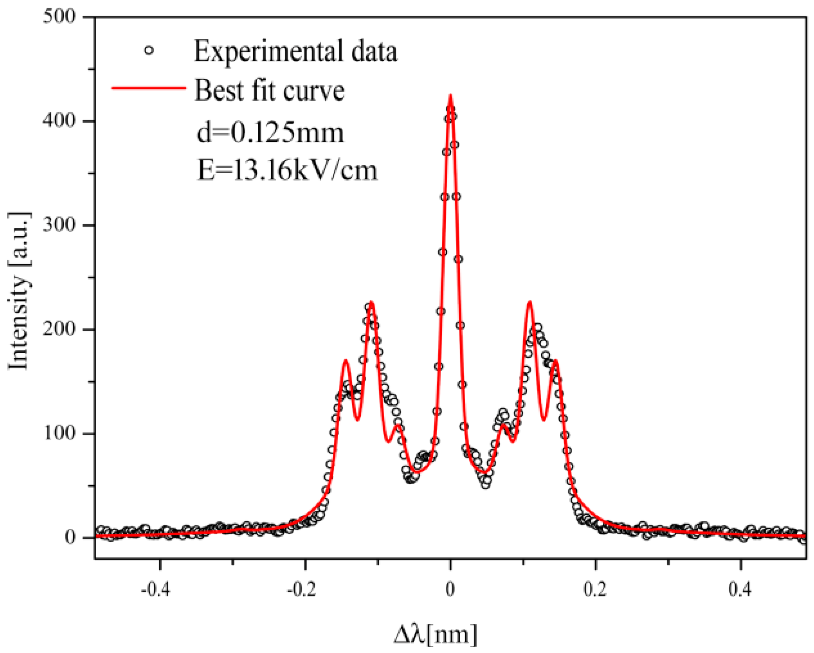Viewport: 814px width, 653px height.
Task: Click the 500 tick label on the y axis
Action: pos(59,16)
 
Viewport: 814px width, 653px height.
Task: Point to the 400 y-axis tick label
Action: pos(59,120)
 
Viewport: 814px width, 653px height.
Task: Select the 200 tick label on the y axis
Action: pos(59,329)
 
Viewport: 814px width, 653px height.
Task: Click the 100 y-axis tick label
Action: pos(59,433)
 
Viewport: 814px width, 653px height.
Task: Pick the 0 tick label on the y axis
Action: pos(70,537)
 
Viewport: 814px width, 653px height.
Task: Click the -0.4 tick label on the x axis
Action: pos(155,589)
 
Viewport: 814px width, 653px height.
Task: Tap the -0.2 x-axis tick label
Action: pos(301,589)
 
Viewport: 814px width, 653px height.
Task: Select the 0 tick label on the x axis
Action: pos(450,589)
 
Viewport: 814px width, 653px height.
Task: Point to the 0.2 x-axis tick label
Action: pos(595,589)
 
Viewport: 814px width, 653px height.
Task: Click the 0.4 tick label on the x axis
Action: pos(740,589)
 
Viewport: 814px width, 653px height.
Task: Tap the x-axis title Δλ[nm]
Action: pos(435,635)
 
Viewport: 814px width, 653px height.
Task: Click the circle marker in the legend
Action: pos(149,50)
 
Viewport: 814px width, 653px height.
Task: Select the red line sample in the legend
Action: pos(149,88)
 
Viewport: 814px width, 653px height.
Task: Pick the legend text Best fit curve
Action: pos(269,90)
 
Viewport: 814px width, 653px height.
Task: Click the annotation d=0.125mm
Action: pos(270,132)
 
